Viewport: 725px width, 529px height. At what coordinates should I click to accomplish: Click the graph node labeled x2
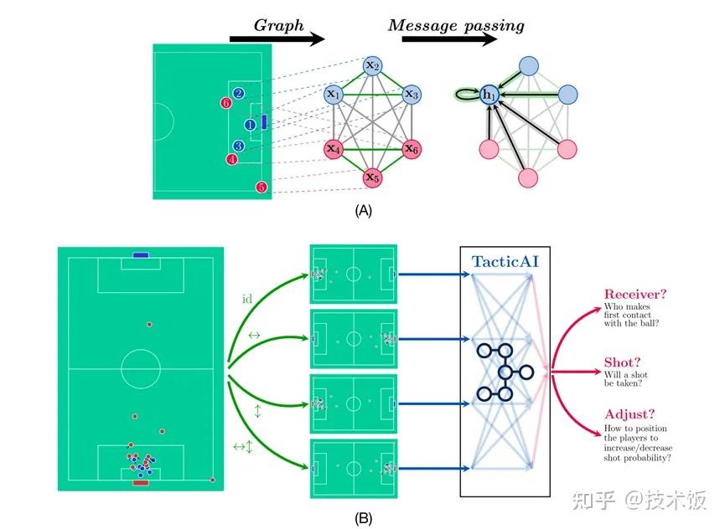373,65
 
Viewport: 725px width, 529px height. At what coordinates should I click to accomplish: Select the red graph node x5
373,177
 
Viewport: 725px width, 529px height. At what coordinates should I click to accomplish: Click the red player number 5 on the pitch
262,187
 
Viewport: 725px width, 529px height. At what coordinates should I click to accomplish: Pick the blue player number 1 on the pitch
250,126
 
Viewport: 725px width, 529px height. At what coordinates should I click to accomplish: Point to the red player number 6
225,103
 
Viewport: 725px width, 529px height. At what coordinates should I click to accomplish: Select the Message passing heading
456,25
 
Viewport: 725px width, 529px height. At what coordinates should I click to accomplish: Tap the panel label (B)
364,517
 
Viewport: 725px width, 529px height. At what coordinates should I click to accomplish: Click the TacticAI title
505,262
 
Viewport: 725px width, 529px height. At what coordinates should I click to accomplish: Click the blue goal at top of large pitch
140,254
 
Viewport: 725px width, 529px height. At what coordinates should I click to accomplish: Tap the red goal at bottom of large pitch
140,482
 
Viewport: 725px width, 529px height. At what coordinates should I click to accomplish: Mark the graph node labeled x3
412,95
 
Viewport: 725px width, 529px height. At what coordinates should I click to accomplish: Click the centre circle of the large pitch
140,367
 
